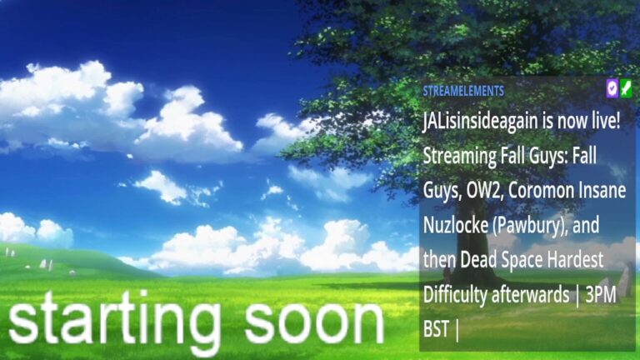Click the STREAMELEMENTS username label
(x=463, y=91)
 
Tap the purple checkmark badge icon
(x=612, y=87)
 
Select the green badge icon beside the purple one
(x=626, y=88)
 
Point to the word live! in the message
(x=606, y=121)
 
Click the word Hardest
(x=576, y=260)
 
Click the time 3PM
(x=601, y=295)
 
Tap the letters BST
(x=437, y=329)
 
